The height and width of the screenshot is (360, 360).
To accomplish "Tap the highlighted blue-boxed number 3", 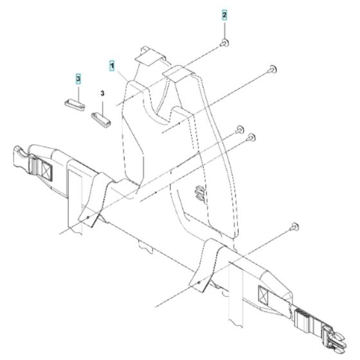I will [78, 78].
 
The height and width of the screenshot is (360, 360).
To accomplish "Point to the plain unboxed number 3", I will [102, 93].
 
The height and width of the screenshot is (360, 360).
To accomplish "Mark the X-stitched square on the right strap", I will [263, 295].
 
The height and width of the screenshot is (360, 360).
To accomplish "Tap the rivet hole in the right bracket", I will [201, 281].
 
